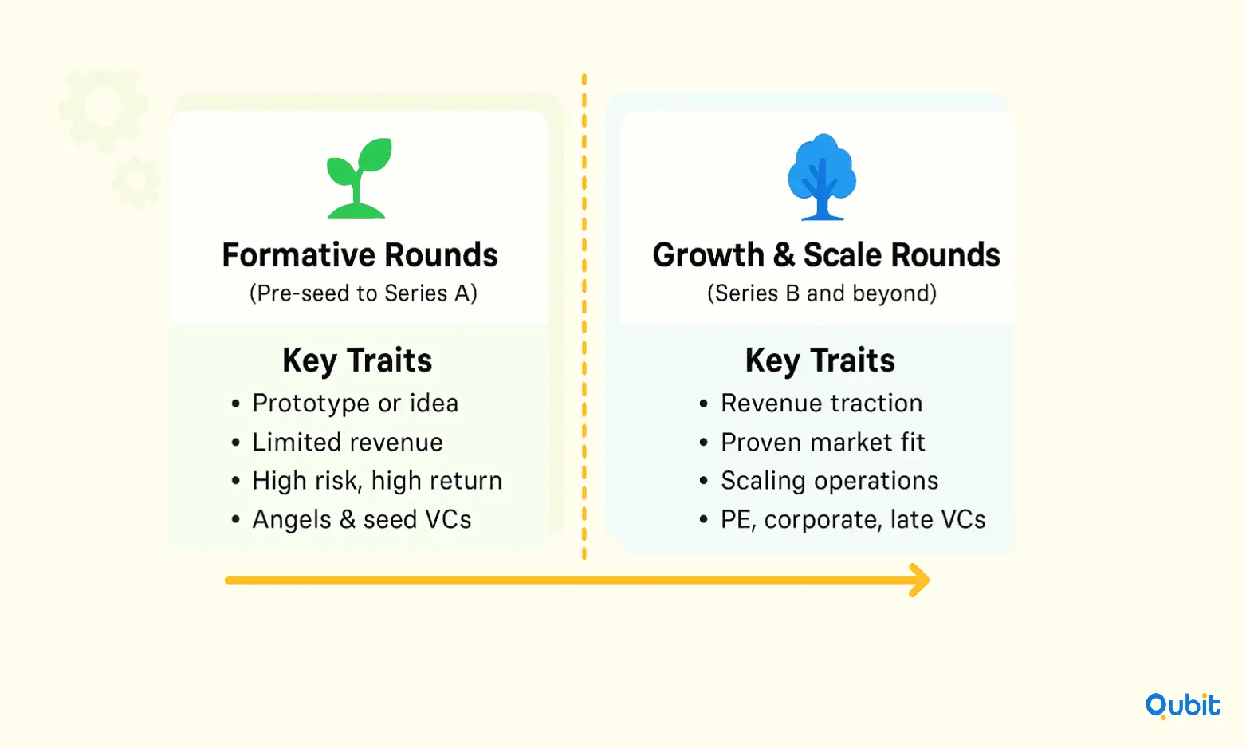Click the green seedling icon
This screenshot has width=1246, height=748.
click(x=359, y=178)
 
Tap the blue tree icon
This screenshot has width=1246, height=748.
click(x=822, y=177)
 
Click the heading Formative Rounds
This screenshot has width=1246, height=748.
click(x=360, y=255)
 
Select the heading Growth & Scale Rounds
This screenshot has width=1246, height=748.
click(x=826, y=255)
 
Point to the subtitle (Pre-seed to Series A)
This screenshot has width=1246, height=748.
click(x=364, y=293)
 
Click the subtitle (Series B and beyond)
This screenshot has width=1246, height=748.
click(x=822, y=293)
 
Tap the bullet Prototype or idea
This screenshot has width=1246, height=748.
click(x=355, y=403)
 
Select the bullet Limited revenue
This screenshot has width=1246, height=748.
click(x=347, y=443)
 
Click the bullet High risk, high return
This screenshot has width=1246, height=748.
click(x=377, y=481)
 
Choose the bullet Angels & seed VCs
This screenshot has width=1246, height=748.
click(x=362, y=519)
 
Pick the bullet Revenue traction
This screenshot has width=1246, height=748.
click(x=822, y=403)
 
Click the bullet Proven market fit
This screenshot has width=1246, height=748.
click(x=823, y=443)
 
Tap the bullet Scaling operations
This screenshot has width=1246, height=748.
click(x=829, y=481)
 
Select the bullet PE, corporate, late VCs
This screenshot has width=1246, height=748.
click(x=853, y=519)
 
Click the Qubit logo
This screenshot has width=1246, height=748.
click(x=1183, y=706)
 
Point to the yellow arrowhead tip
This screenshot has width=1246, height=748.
click(x=930, y=580)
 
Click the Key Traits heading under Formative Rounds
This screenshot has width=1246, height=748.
click(x=357, y=360)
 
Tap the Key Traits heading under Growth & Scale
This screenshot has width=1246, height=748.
click(x=820, y=360)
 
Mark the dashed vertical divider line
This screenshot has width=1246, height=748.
click(x=584, y=316)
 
